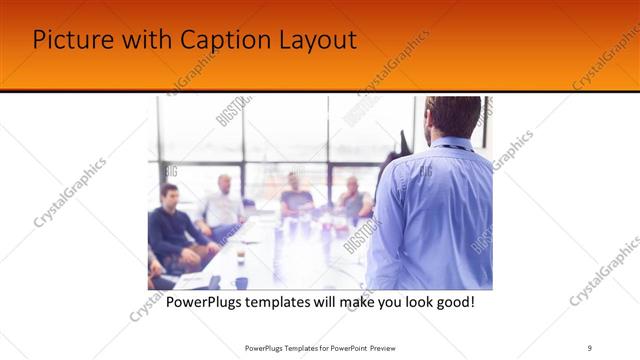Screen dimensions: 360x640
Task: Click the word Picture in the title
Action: click(x=68, y=40)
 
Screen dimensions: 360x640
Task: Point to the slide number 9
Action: click(x=590, y=348)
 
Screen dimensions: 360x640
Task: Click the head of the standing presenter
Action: click(x=453, y=117)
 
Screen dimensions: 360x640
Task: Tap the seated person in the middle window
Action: click(x=296, y=194)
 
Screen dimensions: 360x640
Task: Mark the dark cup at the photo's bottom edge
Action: click(x=241, y=282)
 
